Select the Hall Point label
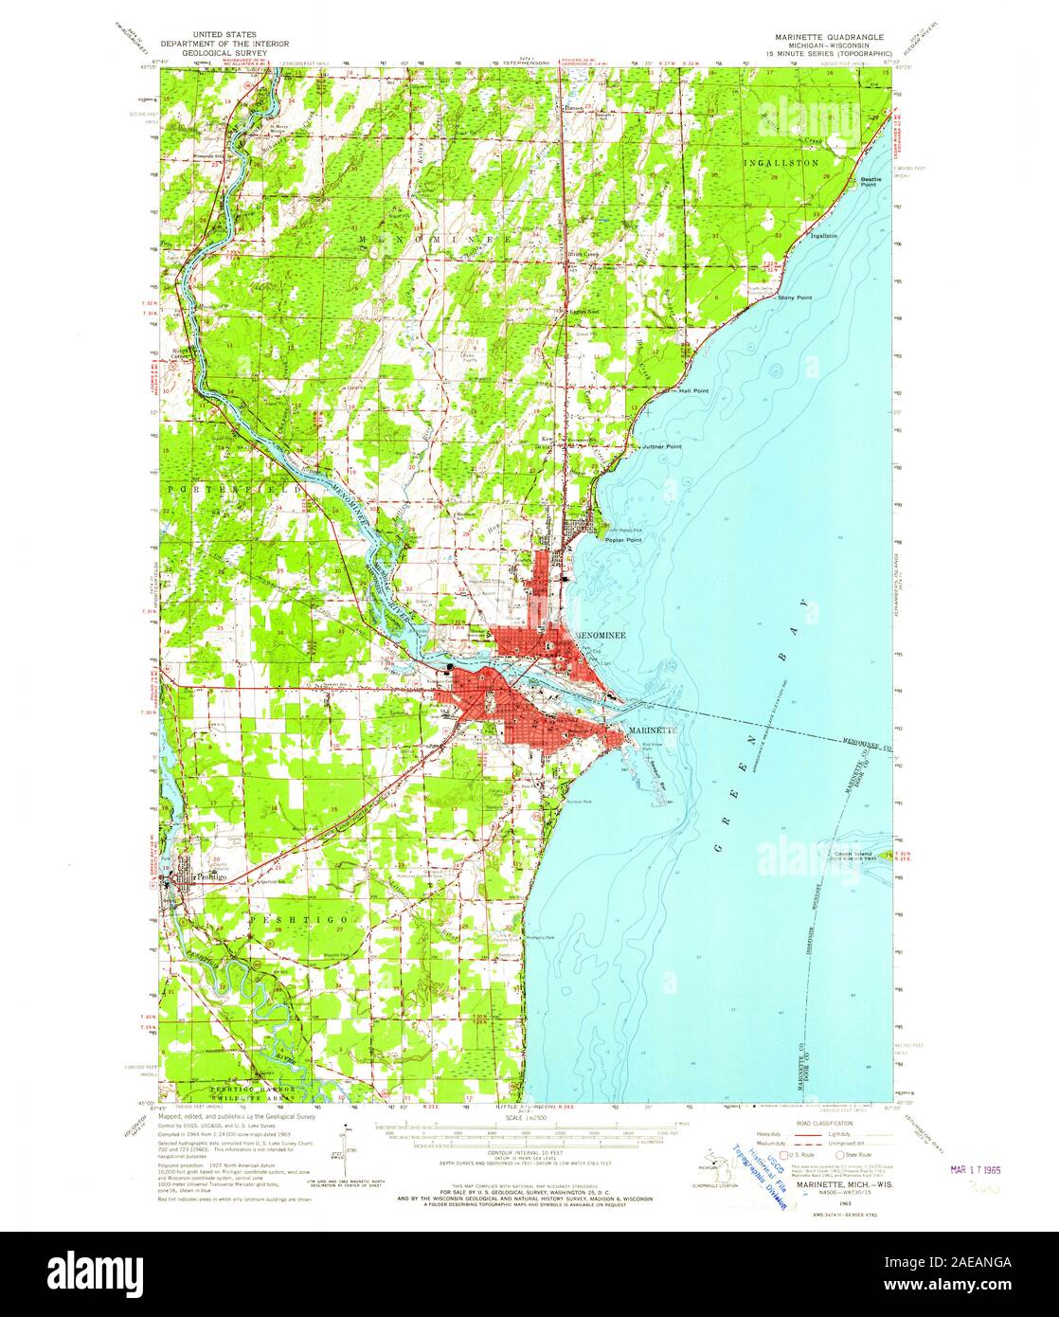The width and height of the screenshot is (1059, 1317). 693,390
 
